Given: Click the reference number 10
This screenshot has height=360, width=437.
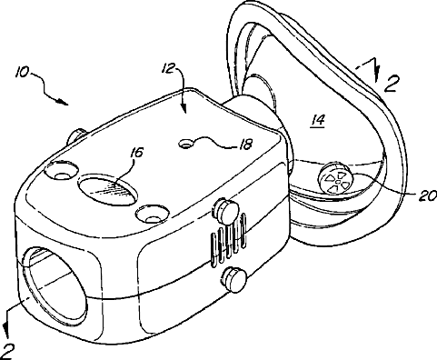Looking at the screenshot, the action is [23, 73].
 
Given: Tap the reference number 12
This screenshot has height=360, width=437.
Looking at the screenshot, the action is [168, 67].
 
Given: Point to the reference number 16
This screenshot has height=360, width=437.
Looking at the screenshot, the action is [136, 153].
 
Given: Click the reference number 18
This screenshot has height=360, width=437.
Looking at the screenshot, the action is [245, 145].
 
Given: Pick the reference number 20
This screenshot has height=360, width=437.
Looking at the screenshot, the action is [428, 196].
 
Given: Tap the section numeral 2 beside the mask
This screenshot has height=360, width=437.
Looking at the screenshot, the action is [392, 83].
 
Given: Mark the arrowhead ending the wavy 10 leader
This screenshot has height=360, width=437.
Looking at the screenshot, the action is [63, 102].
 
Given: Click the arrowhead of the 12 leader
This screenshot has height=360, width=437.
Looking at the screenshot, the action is [184, 109].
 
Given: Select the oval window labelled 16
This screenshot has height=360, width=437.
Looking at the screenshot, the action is [108, 189].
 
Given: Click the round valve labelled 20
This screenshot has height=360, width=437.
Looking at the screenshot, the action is [335, 179].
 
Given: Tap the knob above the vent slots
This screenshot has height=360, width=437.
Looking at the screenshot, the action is [226, 209].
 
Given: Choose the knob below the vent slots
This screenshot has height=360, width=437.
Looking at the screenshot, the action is [234, 279].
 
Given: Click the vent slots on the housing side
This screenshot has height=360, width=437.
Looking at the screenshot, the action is [229, 240].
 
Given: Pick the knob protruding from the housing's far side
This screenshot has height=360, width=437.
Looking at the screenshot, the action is [76, 135].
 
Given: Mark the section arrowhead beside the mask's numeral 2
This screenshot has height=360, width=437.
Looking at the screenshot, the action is [376, 75].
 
